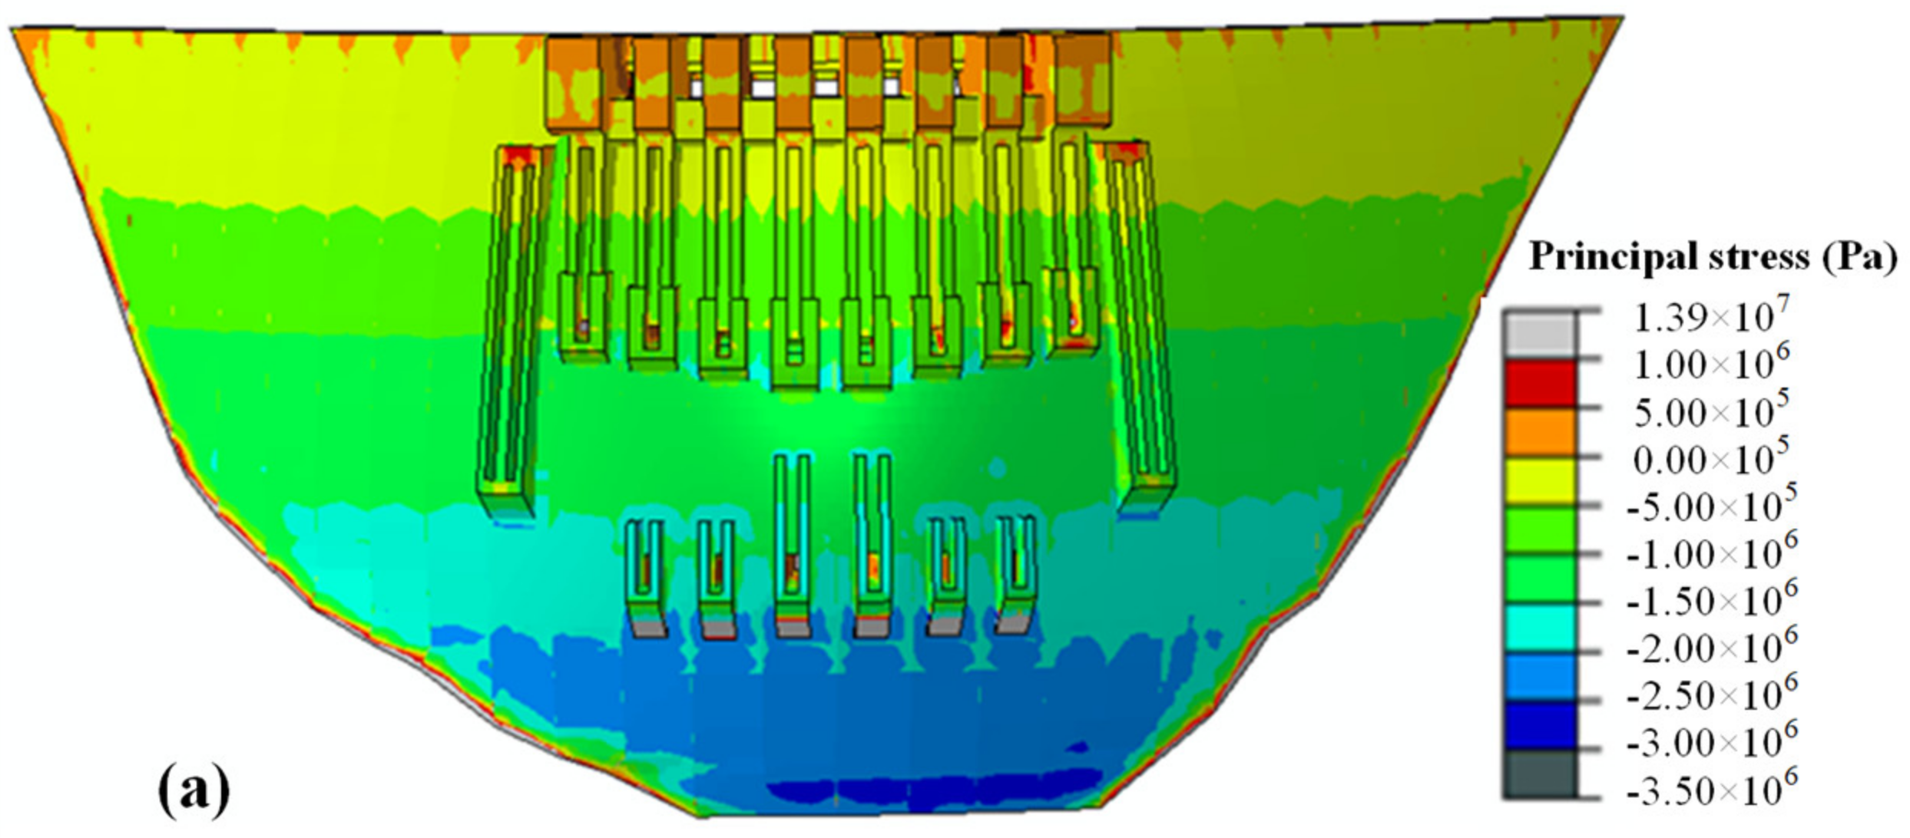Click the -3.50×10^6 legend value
pyautogui.click(x=1711, y=789)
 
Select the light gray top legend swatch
pyautogui.click(x=1539, y=335)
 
